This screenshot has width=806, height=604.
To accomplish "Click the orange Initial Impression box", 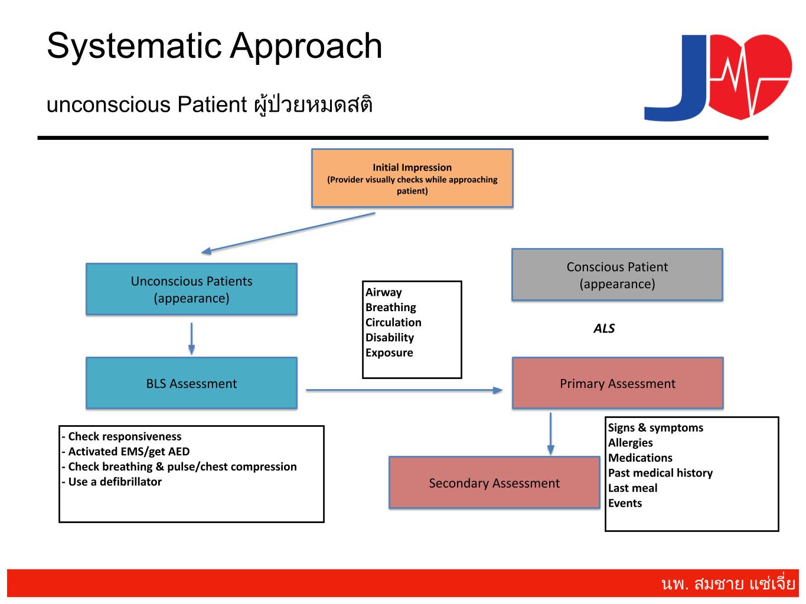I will tap(412, 178).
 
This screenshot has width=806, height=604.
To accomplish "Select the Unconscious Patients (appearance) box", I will tap(191, 289).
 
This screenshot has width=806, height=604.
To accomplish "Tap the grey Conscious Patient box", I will tap(617, 275).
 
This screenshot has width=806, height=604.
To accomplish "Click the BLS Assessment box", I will tap(191, 383).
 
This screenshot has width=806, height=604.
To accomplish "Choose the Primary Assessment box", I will tap(617, 383).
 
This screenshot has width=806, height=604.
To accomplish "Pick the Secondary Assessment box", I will tap(494, 483).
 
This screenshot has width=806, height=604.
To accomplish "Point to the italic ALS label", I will tap(604, 329).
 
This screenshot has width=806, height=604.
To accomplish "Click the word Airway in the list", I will tap(384, 292).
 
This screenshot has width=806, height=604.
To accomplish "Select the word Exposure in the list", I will tap(389, 352).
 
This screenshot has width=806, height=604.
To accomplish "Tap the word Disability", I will tap(390, 338).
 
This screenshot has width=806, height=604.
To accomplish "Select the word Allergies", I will tap(631, 443).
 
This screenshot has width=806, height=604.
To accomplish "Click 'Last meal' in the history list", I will tap(633, 488).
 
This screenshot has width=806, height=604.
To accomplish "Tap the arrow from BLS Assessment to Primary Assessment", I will tap(404, 390).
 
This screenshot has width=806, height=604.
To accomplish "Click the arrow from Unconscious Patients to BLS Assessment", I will tap(191, 338).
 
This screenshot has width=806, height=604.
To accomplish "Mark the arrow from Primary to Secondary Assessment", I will tap(550, 433).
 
